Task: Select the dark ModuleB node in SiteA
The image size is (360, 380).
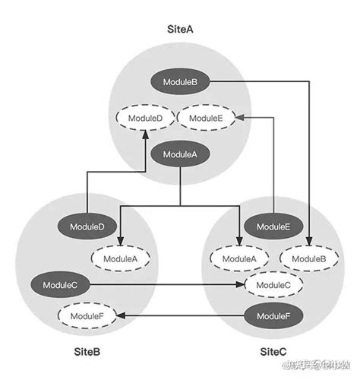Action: pyautogui.click(x=180, y=81)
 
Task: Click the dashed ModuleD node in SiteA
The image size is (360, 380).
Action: pyautogui.click(x=144, y=118)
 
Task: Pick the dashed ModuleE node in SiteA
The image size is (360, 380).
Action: pyautogui.click(x=206, y=118)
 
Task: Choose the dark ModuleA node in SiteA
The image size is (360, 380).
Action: pyautogui.click(x=180, y=154)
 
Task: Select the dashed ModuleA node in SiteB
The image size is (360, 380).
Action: pyautogui.click(x=120, y=258)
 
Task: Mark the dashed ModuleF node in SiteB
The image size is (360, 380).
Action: pyautogui.click(x=87, y=315)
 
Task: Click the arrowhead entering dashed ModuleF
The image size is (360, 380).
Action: pyautogui.click(x=119, y=315)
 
